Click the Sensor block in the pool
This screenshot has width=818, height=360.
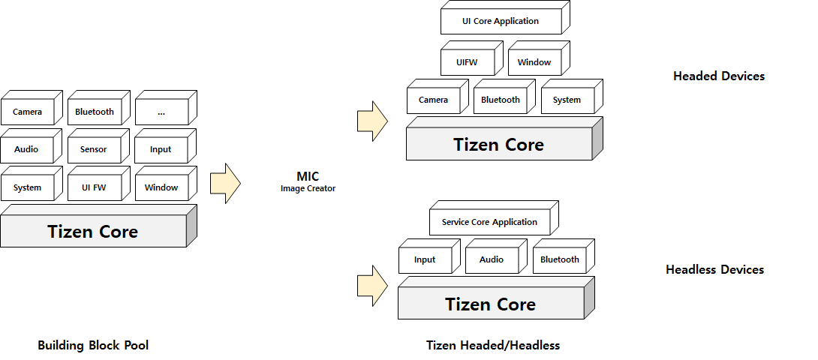94,149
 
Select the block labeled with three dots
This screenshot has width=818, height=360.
161,112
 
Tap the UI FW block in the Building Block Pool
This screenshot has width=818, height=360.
94,187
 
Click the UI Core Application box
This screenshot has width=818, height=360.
501,21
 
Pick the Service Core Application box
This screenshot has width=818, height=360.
489,222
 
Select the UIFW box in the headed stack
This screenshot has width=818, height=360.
467,62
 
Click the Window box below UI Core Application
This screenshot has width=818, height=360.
534,62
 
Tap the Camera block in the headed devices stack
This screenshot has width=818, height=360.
433,100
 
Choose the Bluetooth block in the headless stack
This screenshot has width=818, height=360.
559,259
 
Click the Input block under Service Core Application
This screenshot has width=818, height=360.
425,259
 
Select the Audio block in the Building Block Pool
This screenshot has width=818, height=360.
27,149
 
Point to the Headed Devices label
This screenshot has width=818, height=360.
718,76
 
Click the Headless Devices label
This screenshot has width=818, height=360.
714,270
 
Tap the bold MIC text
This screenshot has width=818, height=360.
308,176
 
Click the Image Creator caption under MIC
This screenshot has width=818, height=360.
308,189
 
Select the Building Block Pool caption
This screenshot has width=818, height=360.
93,346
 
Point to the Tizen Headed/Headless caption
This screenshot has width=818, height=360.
493,346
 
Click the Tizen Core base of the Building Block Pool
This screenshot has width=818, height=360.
93,231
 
